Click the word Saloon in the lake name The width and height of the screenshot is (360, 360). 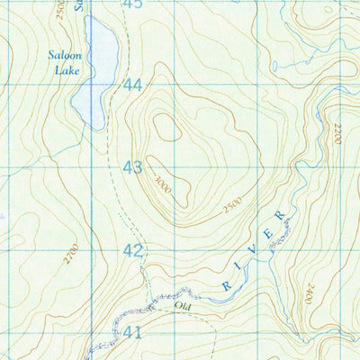click(x=66, y=54)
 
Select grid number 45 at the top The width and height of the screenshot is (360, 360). click(x=133, y=4)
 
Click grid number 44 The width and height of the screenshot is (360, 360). click(x=133, y=85)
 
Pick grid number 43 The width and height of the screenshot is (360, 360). click(x=133, y=166)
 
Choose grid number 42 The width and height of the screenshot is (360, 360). click(x=133, y=250)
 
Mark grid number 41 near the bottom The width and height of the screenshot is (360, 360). click(x=133, y=332)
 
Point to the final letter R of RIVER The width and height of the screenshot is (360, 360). click(x=281, y=216)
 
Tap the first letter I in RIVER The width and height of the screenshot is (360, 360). click(x=241, y=269)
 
